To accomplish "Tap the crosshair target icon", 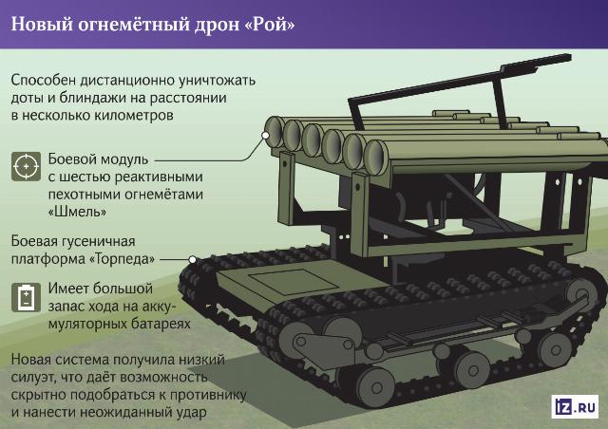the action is click(x=26, y=167).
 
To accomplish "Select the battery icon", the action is click(x=26, y=297).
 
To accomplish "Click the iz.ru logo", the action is click(x=575, y=406).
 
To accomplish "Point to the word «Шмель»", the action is click(x=77, y=212).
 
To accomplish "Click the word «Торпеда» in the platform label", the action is click(x=123, y=258).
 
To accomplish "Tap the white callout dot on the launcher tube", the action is click(x=265, y=136).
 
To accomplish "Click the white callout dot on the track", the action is click(x=192, y=260).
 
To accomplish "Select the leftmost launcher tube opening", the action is click(x=275, y=131).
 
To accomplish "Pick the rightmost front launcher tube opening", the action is click(x=376, y=158).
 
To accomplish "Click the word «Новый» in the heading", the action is click(x=42, y=24).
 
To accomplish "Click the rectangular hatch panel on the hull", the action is click(x=294, y=281).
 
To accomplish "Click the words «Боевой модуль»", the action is click(x=98, y=159).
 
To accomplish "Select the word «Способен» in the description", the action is click(x=44, y=81).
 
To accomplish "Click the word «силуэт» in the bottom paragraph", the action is click(x=34, y=377).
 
